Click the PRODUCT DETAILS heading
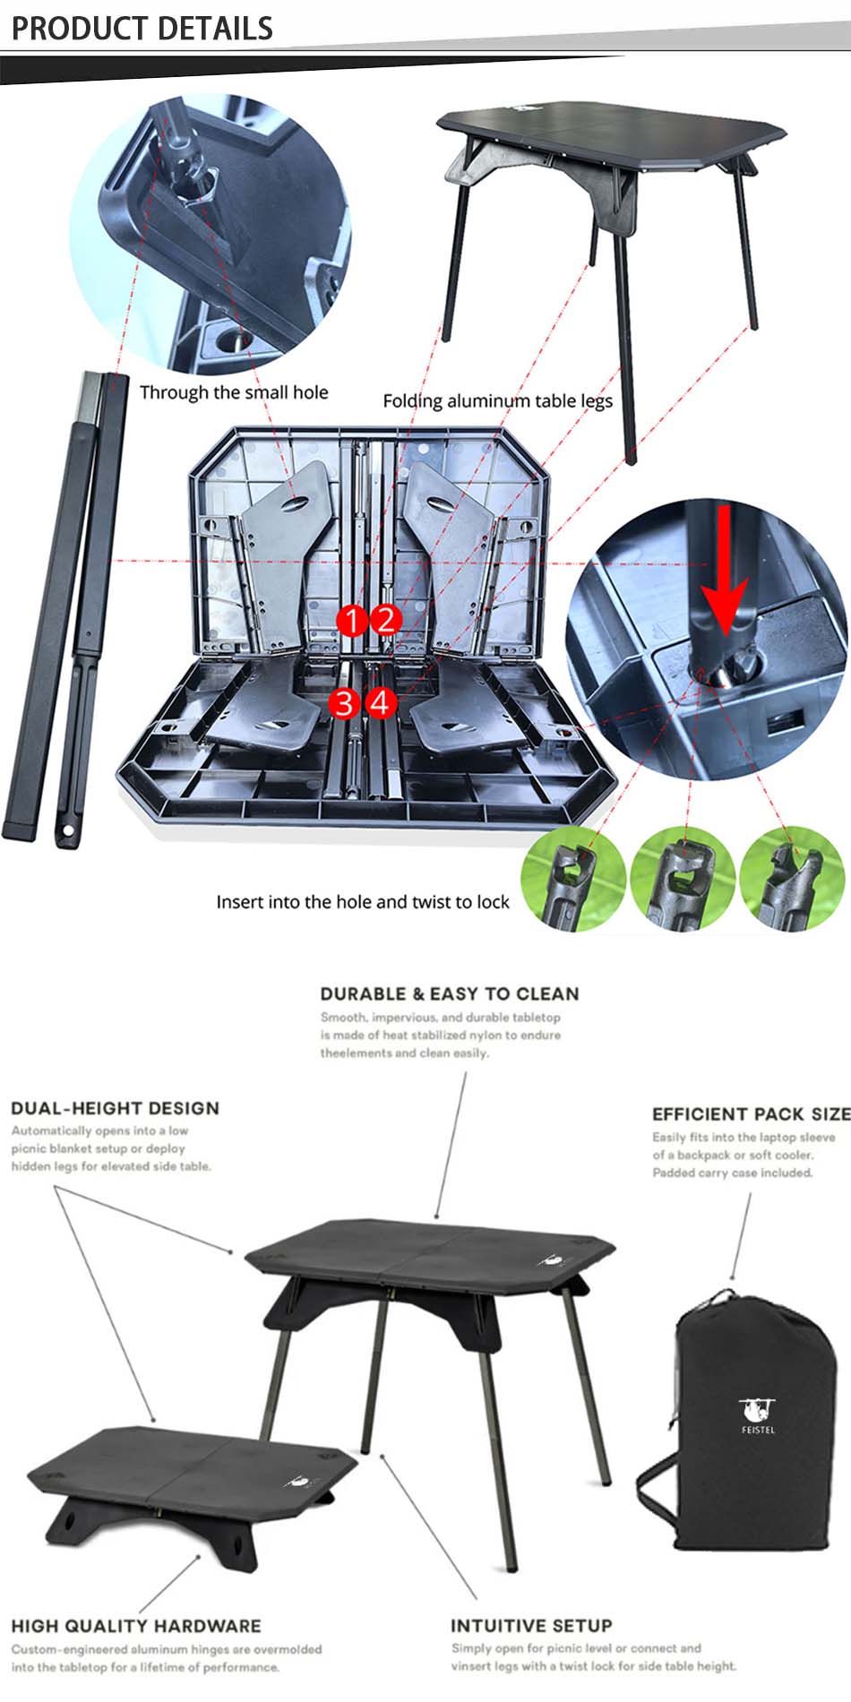click(x=142, y=28)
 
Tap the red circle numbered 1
click(x=353, y=620)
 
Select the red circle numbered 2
click(x=386, y=619)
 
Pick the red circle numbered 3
click(x=345, y=703)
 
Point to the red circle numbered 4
click(x=380, y=702)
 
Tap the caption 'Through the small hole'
click(x=234, y=392)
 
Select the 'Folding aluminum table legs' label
click(x=498, y=401)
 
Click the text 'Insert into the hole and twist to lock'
click(x=363, y=902)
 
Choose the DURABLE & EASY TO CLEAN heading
click(x=450, y=993)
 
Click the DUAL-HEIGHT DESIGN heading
click(x=115, y=1108)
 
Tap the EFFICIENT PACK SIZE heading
click(x=751, y=1113)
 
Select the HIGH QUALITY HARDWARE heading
click(x=136, y=1626)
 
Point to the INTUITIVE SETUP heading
click(x=531, y=1626)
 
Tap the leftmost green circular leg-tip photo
click(x=573, y=879)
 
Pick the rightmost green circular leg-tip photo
click(x=793, y=879)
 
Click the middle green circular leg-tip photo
click(x=683, y=879)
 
